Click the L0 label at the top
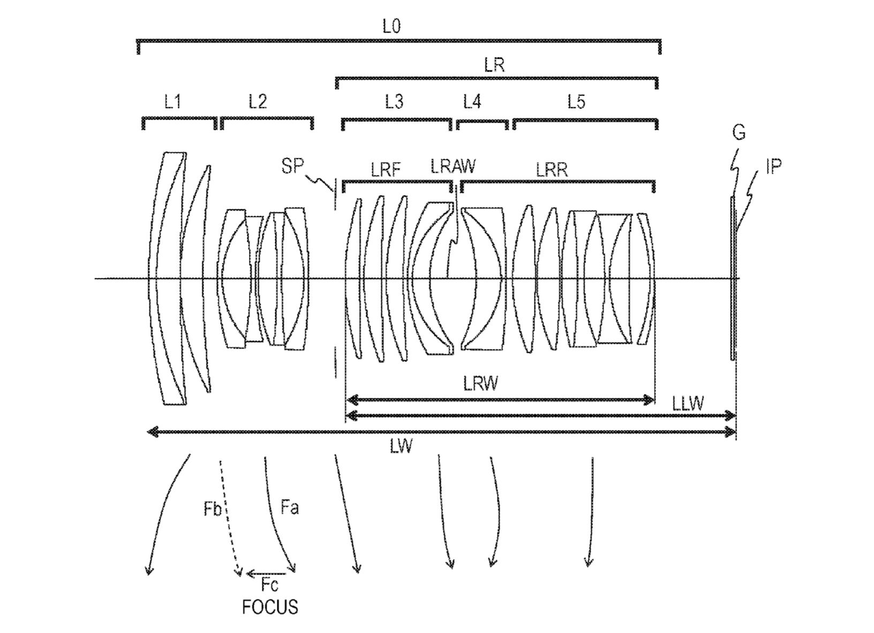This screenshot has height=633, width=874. (x=391, y=27)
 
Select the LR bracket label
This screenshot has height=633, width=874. (x=494, y=65)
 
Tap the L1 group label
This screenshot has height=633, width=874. (x=172, y=102)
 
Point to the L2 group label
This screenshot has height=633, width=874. (x=258, y=102)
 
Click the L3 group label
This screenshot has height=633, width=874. (x=394, y=102)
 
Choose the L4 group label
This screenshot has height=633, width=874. (x=472, y=102)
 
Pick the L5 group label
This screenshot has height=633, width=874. (x=576, y=102)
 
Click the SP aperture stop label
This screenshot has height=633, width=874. (x=292, y=166)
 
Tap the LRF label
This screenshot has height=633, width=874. (x=386, y=170)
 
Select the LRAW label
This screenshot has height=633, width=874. (x=453, y=166)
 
